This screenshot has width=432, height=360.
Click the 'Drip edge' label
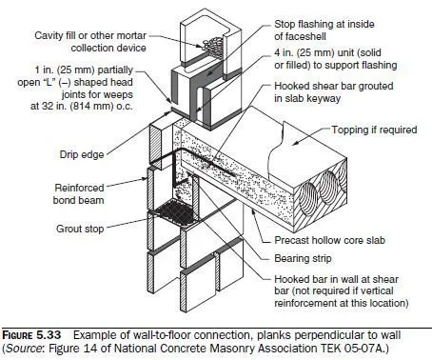point(82,154)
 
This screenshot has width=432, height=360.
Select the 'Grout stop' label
point(80,229)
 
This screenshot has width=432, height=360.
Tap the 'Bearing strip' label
point(303,258)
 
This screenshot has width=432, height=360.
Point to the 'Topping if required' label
point(374,130)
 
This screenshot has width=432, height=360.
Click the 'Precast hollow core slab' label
point(329,240)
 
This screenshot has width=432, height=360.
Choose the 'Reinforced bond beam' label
point(79,194)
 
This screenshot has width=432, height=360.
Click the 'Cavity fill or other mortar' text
point(90,35)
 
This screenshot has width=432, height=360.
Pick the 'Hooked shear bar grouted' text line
point(334,86)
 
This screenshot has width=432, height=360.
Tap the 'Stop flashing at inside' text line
point(324,24)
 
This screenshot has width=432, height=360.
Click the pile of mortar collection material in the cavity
point(213,45)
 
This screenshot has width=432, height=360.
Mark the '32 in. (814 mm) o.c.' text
point(82,106)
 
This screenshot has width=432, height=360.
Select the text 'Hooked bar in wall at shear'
point(336,279)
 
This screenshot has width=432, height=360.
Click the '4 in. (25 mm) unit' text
point(327,52)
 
